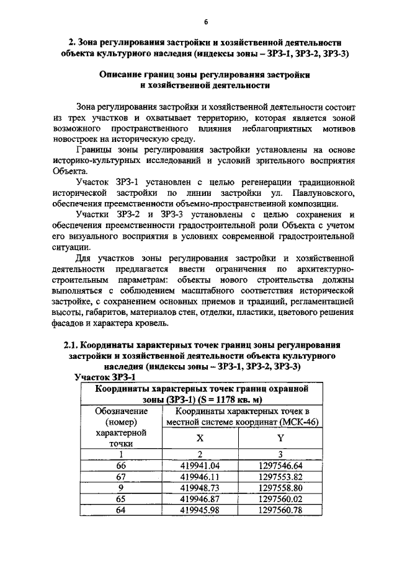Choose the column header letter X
point(200,438)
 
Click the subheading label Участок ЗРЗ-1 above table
point(105,376)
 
